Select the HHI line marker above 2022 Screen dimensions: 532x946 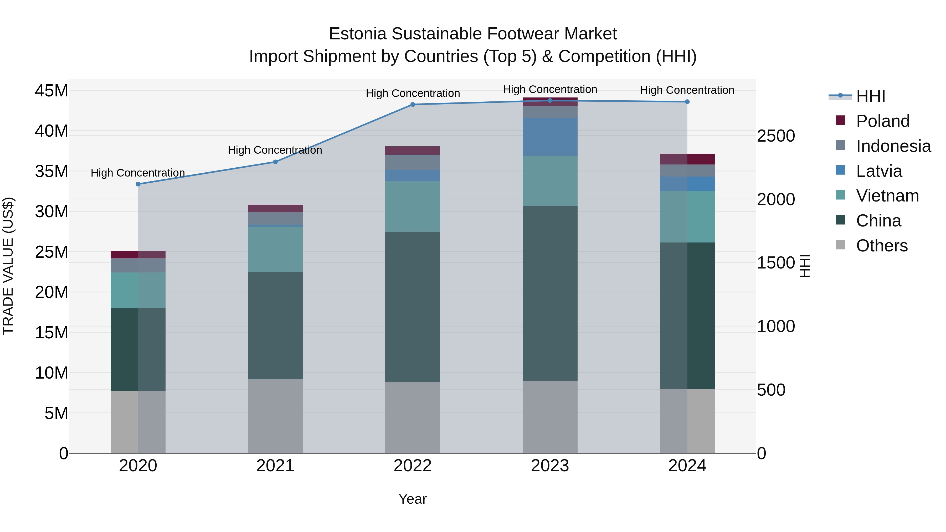pos(412,105)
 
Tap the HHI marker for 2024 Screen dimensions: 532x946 pos(687,102)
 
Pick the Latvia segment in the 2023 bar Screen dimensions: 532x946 pos(550,137)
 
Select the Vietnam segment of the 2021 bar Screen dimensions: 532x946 pos(275,249)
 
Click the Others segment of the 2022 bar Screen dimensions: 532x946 pos(412,417)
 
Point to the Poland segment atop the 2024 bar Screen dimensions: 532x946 pos(687,159)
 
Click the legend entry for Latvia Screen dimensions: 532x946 pos(878,171)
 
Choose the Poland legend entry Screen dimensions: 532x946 pos(882,121)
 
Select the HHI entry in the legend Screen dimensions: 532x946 pos(870,96)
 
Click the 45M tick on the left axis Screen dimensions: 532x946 pos(52,91)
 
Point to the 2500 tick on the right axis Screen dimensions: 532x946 pos(776,136)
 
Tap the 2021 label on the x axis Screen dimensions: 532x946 pos(275,466)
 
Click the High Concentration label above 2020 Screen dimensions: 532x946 pos(138,173)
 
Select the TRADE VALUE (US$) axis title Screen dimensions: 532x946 pos(8,266)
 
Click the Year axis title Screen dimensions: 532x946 pos(412,499)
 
